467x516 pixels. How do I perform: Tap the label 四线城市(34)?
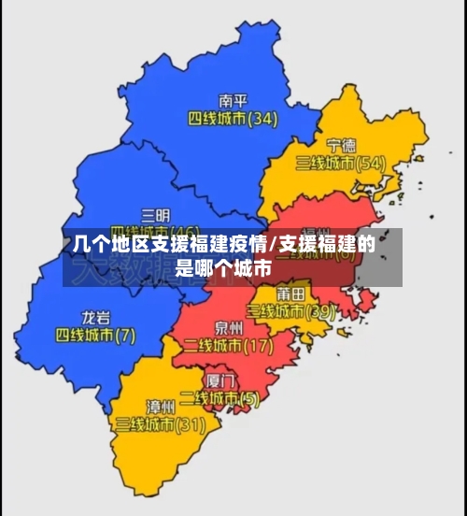[233, 119]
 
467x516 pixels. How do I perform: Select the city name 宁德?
[341, 145]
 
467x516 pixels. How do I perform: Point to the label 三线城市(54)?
[341, 164]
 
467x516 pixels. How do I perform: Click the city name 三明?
[155, 214]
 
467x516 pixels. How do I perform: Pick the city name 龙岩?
[95, 316]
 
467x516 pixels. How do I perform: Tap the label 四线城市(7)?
[95, 334]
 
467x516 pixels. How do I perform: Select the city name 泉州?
[229, 328]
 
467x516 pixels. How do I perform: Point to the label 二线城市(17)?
[229, 346]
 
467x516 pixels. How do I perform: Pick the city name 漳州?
[161, 407]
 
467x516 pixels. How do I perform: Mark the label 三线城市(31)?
[161, 424]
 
